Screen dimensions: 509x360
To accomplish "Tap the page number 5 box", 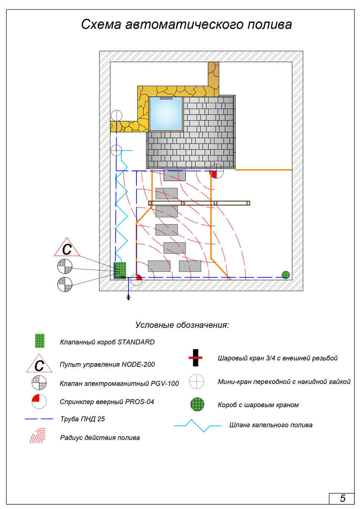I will click(342, 498).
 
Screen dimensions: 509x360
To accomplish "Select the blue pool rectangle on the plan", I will click(166, 114).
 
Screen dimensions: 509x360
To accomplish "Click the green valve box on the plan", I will click(120, 269).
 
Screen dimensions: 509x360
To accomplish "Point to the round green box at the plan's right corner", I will click(286, 274).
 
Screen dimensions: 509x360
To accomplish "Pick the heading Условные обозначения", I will click(182, 325).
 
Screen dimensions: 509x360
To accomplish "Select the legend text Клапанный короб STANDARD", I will click(107, 342).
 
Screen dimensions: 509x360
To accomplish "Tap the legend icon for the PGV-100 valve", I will click(39, 383).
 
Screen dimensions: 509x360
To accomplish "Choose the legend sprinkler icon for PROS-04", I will click(39, 401).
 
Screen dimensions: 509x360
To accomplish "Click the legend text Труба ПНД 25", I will click(82, 419).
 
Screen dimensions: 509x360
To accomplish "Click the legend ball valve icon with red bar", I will click(195, 358).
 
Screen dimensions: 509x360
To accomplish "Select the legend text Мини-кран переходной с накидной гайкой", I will click(284, 382).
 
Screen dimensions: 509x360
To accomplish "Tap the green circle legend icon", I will click(197, 404).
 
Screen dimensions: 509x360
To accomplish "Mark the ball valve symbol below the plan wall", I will click(128, 298).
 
